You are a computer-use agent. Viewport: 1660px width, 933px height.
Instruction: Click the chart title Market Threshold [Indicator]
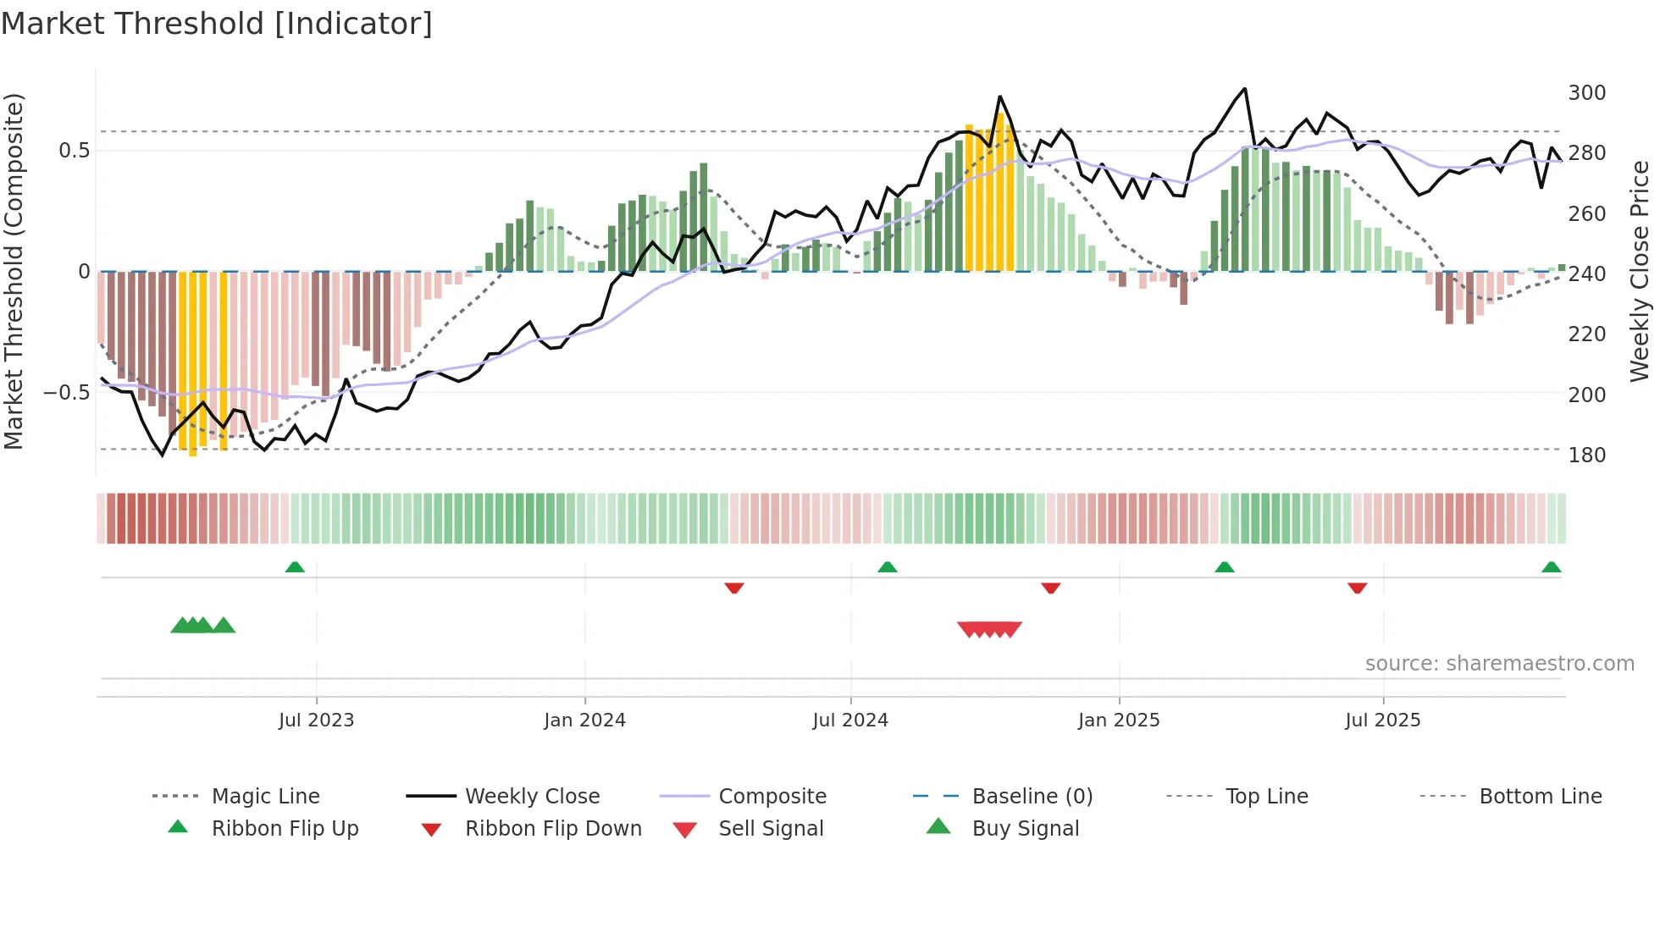pos(217,24)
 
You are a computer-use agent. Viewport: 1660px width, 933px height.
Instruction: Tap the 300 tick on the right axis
pos(1586,92)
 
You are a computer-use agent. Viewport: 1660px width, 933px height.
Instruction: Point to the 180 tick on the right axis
pos(1586,455)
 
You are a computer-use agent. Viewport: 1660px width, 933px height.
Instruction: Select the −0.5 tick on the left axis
pos(66,393)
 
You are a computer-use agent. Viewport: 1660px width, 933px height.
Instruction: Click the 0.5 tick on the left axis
pos(74,151)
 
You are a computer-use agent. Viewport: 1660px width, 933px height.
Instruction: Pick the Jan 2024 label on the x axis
pos(584,720)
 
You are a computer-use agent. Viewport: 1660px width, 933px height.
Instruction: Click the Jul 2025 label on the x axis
pos(1382,720)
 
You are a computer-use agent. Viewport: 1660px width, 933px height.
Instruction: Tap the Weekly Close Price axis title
pos(1640,271)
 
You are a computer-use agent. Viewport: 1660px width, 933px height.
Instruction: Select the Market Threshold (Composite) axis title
pos(14,271)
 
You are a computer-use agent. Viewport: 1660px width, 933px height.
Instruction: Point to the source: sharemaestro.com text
pos(1499,664)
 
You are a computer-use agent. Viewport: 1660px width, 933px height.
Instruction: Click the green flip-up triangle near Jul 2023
pos(295,567)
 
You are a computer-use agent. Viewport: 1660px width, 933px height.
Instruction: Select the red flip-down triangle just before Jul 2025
pos(1357,588)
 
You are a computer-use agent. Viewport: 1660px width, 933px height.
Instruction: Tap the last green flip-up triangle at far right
pos(1551,567)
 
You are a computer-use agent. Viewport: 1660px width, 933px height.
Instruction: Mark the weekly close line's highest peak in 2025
pos(1244,89)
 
